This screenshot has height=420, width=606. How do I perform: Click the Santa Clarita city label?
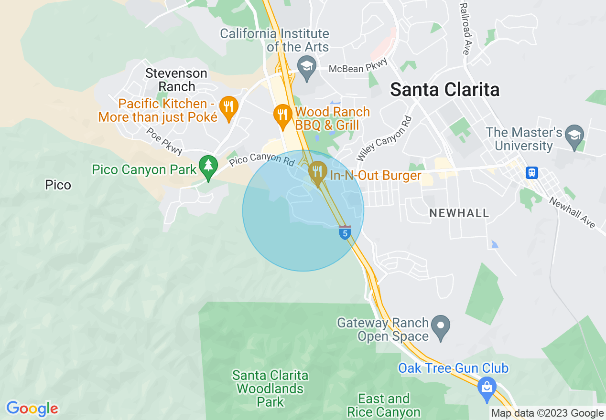click(x=445, y=90)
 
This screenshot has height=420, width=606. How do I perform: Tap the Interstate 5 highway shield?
click(x=345, y=232)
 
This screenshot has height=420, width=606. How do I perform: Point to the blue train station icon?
click(x=531, y=172)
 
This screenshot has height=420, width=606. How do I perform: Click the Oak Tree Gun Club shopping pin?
click(x=487, y=388)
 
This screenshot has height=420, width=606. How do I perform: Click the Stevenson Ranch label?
click(x=176, y=80)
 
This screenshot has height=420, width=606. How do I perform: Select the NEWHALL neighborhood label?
click(x=459, y=213)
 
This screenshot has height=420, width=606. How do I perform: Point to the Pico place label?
click(x=58, y=185)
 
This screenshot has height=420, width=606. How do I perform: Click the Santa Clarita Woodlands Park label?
click(x=271, y=388)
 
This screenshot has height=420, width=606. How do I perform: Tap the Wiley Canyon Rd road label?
click(x=384, y=138)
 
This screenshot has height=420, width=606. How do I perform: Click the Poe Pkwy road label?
click(x=164, y=141)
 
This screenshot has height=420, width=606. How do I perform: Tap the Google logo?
click(x=32, y=409)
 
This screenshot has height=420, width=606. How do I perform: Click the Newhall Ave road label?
click(x=572, y=212)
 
